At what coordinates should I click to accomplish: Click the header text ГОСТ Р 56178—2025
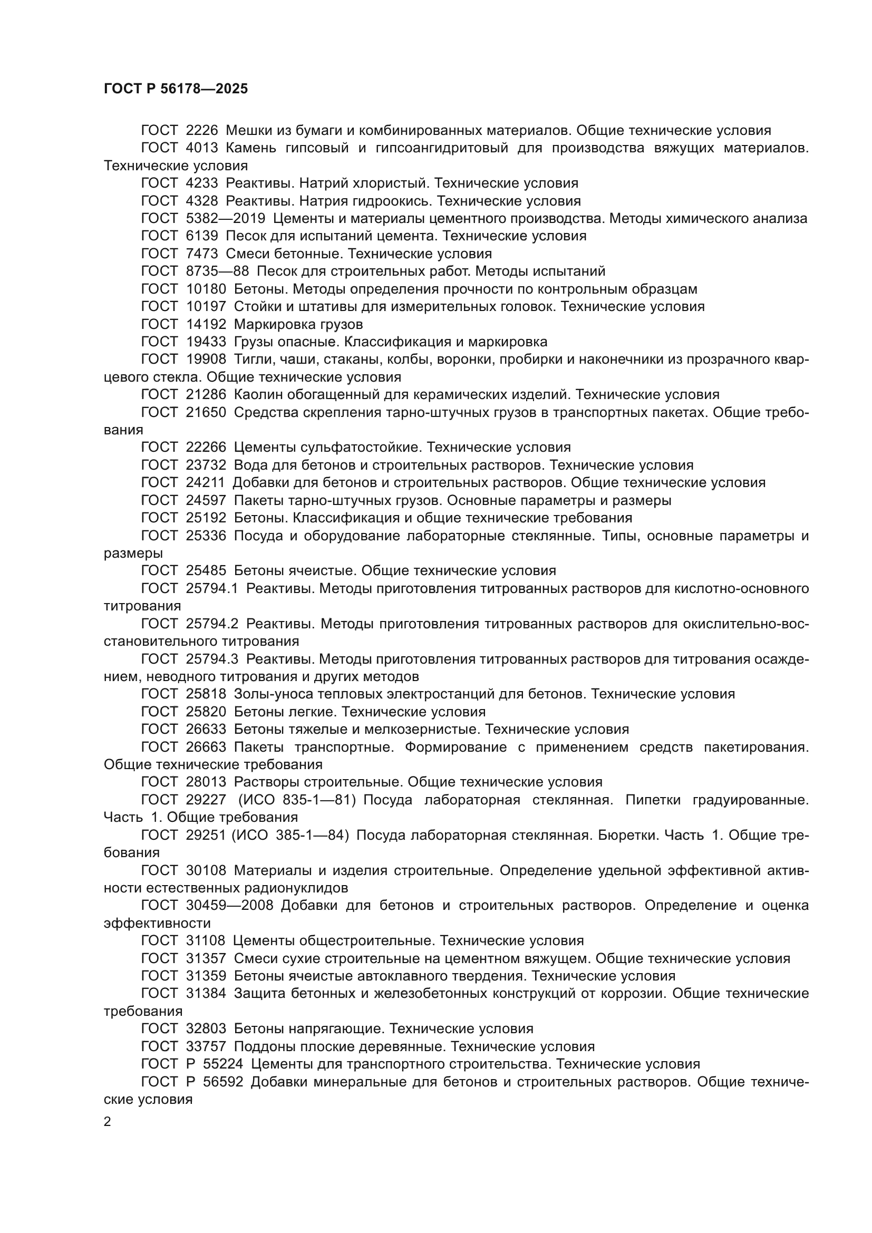[x=176, y=89]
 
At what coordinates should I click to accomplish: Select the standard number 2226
[x=202, y=131]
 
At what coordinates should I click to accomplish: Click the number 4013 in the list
[x=202, y=148]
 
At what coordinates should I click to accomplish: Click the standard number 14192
[x=206, y=324]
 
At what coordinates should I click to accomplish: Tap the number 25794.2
[x=211, y=624]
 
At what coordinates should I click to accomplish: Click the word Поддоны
[x=261, y=1047]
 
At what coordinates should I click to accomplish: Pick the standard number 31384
[x=206, y=994]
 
